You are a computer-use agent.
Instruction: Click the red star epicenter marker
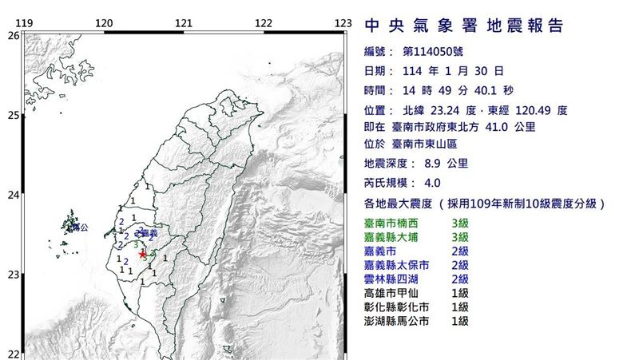point(143,254)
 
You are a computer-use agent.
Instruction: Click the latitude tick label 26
point(13,35)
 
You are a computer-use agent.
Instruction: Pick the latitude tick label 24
point(13,195)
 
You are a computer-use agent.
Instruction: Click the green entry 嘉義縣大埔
point(398,236)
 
